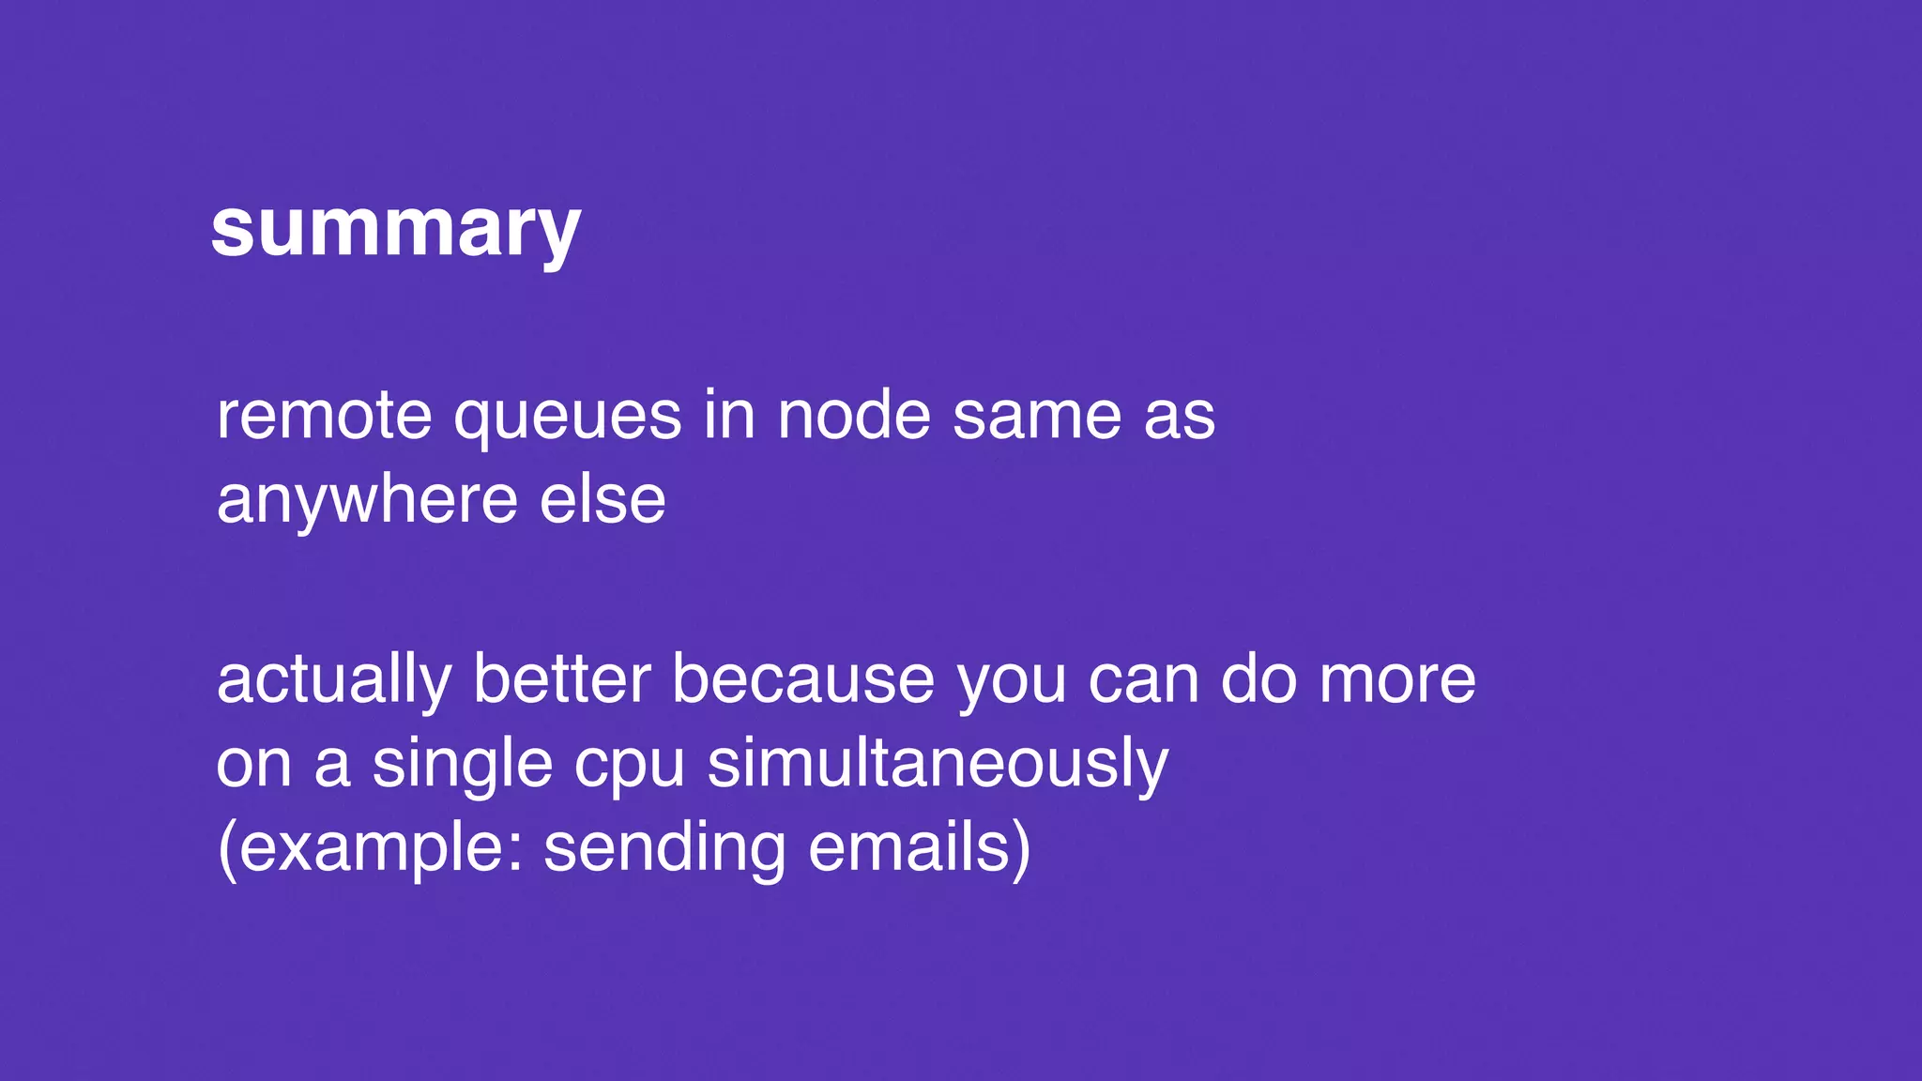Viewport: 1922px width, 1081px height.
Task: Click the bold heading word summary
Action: (x=395, y=230)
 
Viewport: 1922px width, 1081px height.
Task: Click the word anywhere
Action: (x=367, y=500)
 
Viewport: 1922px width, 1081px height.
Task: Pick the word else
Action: (x=603, y=500)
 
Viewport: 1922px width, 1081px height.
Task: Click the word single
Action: (x=463, y=765)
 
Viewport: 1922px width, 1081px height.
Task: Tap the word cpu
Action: (x=630, y=765)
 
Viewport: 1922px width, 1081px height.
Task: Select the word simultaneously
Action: (x=938, y=765)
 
